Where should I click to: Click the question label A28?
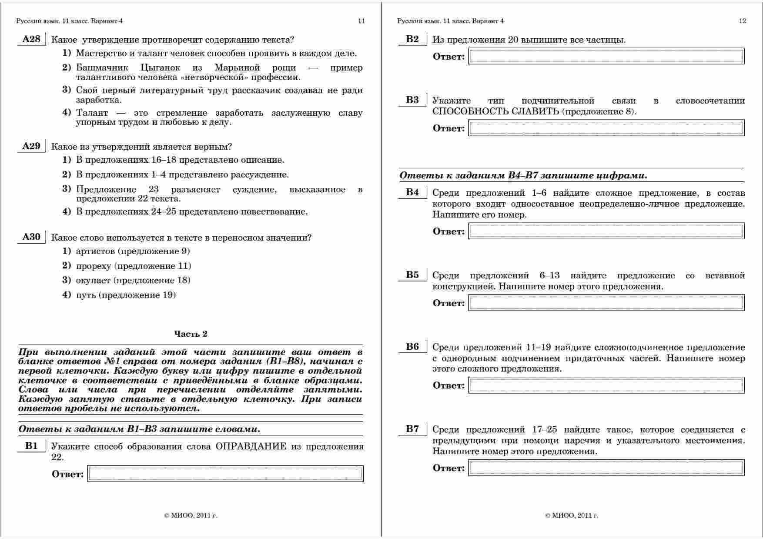31,40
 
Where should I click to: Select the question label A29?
31,146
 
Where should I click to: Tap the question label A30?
31,237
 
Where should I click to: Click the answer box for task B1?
225,474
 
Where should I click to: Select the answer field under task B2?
606,57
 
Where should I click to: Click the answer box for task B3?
606,128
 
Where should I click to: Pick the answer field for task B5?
606,303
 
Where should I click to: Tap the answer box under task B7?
606,468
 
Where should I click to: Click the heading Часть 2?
191,334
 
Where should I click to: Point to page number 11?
361,21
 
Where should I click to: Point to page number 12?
743,21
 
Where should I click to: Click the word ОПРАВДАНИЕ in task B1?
251,447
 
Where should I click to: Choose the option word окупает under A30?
93,280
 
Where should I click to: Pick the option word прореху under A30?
94,266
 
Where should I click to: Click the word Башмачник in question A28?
102,68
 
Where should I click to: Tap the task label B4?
412,192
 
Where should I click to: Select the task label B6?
412,347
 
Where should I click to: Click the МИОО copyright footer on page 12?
572,516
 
